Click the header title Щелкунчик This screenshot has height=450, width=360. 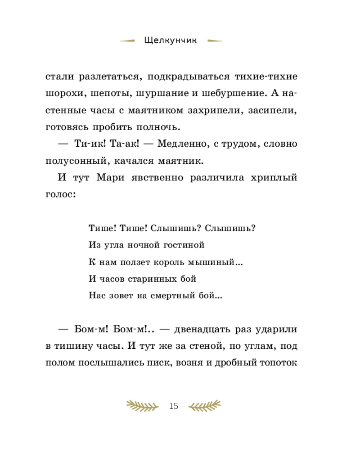coord(171,40)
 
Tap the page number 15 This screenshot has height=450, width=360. coord(174,406)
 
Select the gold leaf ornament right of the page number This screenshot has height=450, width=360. coord(205,406)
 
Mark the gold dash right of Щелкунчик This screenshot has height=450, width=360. coord(215,41)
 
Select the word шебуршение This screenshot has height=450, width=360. coord(225,94)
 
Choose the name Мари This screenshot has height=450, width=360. coord(110,178)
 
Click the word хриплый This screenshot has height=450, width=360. coord(275,178)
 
